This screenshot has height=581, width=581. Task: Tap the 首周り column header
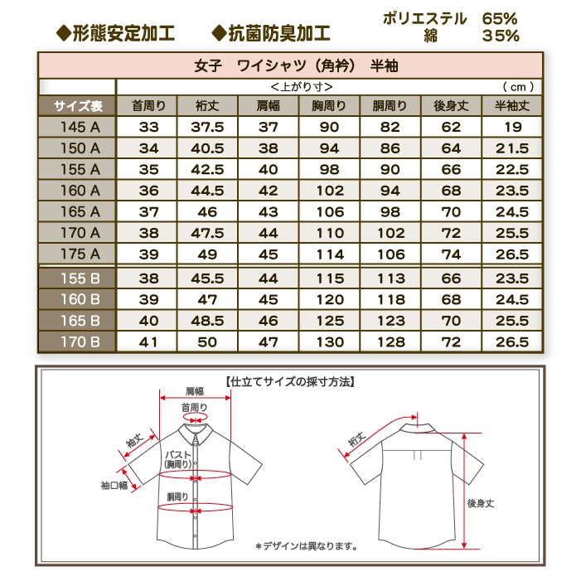(x=149, y=105)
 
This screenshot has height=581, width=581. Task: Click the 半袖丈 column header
(x=511, y=105)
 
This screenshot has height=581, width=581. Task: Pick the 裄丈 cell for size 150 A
(x=207, y=148)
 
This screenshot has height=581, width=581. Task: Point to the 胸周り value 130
(x=329, y=341)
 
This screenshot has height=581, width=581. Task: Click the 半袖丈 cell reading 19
(x=512, y=127)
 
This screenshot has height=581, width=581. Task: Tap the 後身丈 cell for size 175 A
(x=451, y=254)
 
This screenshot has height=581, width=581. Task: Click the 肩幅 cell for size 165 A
(x=268, y=211)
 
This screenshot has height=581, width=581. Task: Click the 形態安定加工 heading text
(x=115, y=33)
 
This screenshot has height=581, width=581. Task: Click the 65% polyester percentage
(x=501, y=17)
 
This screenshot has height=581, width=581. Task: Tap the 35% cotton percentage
(x=501, y=35)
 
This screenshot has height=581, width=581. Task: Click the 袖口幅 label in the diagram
(x=114, y=485)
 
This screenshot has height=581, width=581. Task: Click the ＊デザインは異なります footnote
(x=306, y=545)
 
